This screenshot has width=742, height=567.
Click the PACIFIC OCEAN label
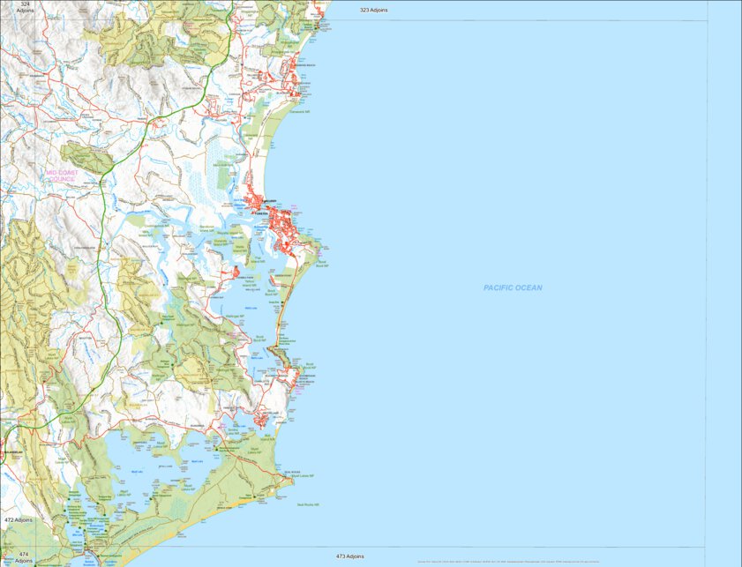point(513,287)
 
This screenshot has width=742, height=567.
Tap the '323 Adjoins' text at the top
point(374,10)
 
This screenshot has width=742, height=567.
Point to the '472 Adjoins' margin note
point(18,520)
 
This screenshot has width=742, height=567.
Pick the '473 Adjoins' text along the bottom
point(350,556)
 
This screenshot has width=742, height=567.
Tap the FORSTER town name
point(261,213)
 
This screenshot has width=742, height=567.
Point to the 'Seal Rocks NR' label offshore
point(308,504)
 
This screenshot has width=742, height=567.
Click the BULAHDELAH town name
point(14,452)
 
